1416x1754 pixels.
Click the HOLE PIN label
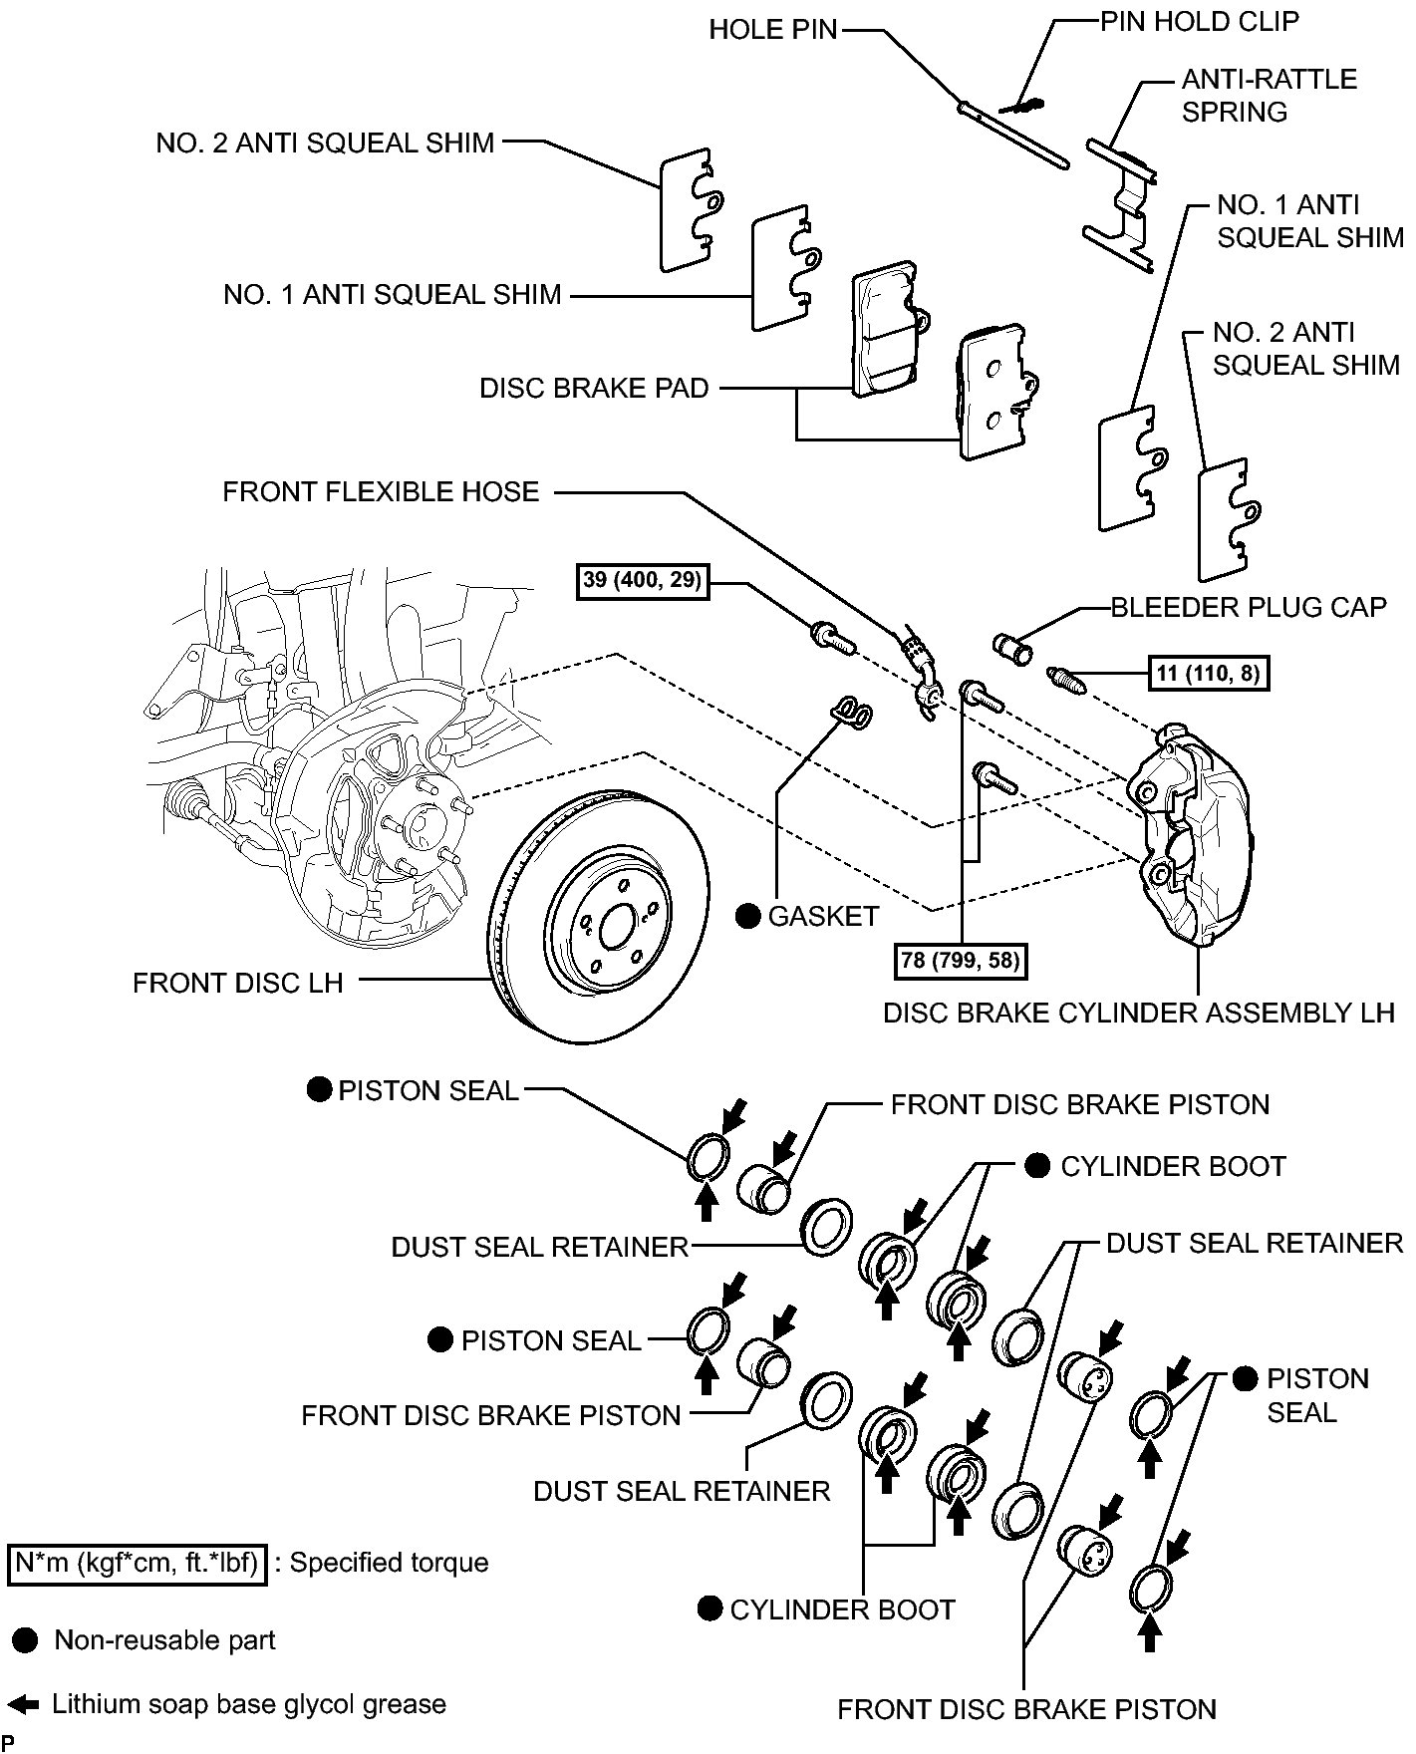[773, 30]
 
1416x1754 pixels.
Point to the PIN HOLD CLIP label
[1200, 21]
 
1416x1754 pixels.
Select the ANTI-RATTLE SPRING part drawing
[1119, 204]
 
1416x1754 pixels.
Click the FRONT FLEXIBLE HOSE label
[381, 491]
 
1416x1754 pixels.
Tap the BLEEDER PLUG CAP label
[1249, 607]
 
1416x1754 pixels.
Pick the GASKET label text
[823, 916]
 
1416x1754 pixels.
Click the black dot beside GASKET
[748, 916]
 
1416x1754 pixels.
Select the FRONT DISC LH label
[238, 983]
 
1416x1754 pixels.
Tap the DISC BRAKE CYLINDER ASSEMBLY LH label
[1139, 1013]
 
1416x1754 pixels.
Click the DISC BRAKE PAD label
[594, 388]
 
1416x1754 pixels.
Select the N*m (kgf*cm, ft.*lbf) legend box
[138, 1563]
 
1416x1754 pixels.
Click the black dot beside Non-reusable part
[26, 1640]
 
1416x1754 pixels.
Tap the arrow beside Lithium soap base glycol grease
[23, 1704]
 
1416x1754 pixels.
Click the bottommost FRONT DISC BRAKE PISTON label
[1026, 1709]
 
